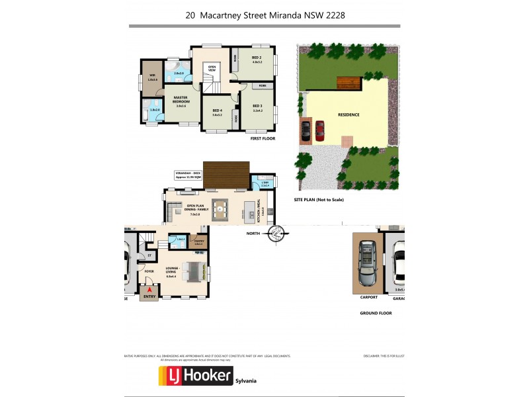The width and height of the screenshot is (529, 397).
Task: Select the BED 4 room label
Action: tap(216, 110)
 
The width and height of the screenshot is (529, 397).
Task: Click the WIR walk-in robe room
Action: tap(151, 77)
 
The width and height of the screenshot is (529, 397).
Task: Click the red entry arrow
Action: tap(149, 289)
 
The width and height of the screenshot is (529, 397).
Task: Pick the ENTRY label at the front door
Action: tap(149, 297)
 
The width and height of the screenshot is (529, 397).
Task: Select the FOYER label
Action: tap(149, 271)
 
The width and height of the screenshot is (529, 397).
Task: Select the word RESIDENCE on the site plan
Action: tap(348, 115)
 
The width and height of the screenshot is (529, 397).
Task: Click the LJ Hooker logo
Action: tap(195, 376)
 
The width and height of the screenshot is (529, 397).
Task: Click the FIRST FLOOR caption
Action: tap(262, 139)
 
